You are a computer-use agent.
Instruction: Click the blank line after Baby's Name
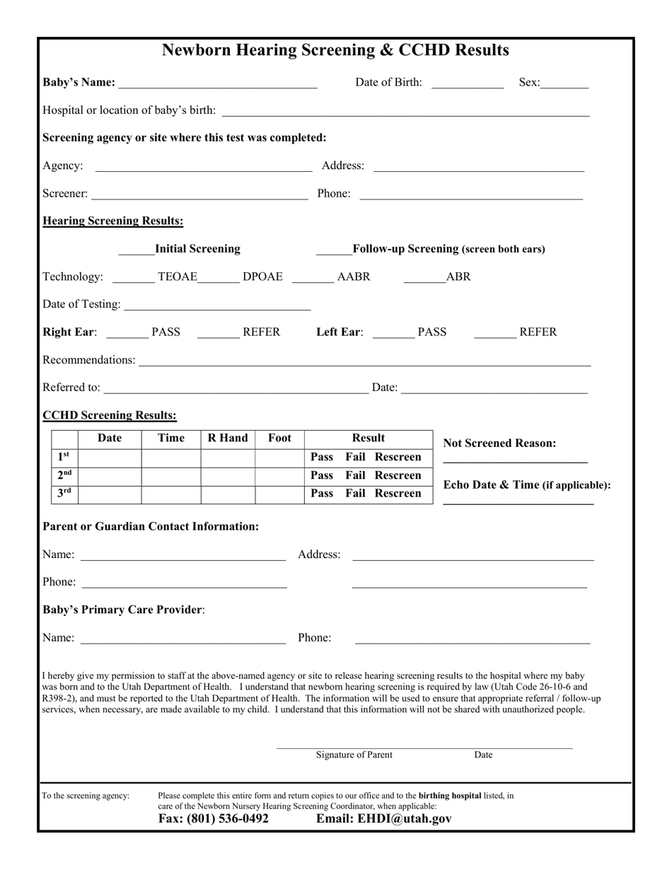(x=218, y=83)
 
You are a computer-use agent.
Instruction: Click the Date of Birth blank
(x=467, y=83)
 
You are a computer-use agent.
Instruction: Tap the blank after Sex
(x=564, y=83)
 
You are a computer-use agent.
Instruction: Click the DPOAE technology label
(x=262, y=277)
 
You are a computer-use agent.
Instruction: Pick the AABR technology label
(x=353, y=277)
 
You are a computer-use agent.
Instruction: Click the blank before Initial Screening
(x=136, y=250)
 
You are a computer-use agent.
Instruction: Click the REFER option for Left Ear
(x=538, y=332)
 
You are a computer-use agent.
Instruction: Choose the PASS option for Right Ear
(x=166, y=332)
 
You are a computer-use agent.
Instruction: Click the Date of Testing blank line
(x=216, y=305)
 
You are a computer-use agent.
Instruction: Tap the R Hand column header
(x=228, y=439)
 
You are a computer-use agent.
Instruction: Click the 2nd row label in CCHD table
(x=64, y=475)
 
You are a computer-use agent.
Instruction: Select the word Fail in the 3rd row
(x=355, y=494)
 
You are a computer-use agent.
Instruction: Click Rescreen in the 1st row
(x=398, y=457)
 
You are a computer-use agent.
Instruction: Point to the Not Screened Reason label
(x=499, y=443)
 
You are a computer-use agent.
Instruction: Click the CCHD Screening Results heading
(x=110, y=415)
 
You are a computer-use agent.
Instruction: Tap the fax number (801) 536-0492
(x=213, y=819)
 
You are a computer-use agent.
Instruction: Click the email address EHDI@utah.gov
(x=383, y=819)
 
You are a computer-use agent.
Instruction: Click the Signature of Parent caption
(x=354, y=755)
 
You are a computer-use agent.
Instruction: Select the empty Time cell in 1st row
(x=171, y=458)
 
